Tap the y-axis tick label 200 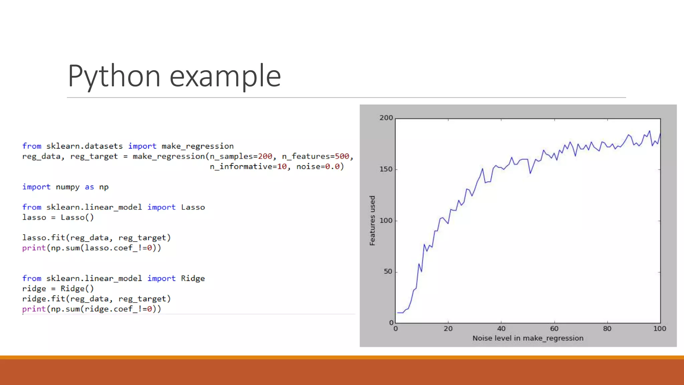tap(386, 118)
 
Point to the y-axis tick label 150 tap(386, 169)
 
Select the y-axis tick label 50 tap(388, 271)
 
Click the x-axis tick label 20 tap(448, 329)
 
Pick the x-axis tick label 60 tap(554, 329)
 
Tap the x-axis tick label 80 tap(607, 329)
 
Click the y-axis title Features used tap(372, 221)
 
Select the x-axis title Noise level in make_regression tap(528, 338)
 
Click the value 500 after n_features tap(342, 156)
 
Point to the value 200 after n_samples tap(265, 156)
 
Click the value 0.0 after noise tap(332, 166)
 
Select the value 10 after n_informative tap(282, 166)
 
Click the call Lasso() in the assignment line tap(77, 218)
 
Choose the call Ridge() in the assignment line tap(77, 289)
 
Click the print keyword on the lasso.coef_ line tap(34, 248)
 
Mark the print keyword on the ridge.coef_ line tap(34, 309)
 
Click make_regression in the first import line tap(197, 146)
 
